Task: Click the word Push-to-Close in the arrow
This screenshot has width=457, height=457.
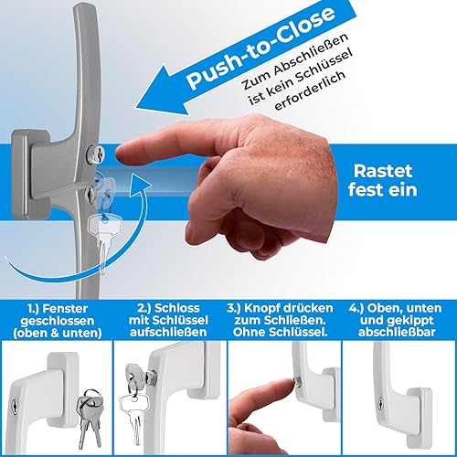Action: [x=261, y=48]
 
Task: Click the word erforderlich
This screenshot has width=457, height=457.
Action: [x=312, y=90]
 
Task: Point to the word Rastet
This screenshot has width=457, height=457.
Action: [x=383, y=171]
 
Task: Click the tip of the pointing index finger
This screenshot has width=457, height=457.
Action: [x=118, y=154]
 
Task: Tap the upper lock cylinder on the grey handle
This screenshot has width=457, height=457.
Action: [x=96, y=154]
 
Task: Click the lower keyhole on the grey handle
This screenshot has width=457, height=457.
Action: [x=90, y=192]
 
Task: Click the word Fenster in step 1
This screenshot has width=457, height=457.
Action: [x=65, y=309]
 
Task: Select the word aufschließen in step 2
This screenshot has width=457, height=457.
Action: [x=168, y=332]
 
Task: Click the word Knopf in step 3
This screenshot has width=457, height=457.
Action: [x=261, y=308]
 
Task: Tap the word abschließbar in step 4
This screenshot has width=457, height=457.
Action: [x=397, y=332]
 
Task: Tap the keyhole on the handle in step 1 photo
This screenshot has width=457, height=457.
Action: [x=15, y=408]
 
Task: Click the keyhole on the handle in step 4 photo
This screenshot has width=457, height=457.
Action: [x=381, y=403]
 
